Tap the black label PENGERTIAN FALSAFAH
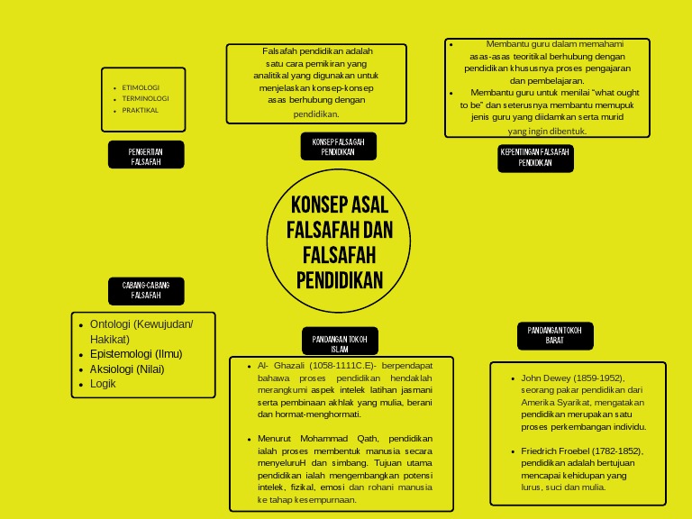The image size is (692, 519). pyautogui.click(x=146, y=155)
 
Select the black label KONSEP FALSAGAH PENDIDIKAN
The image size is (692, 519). pyautogui.click(x=338, y=147)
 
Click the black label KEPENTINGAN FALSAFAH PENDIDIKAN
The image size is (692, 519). pyautogui.click(x=535, y=158)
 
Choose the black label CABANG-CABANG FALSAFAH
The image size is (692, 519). pyautogui.click(x=146, y=290)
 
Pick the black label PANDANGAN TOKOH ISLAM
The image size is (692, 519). pyautogui.click(x=339, y=342)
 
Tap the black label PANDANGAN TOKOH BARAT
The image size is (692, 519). pyautogui.click(x=554, y=335)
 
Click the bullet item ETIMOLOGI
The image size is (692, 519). pyautogui.click(x=141, y=87)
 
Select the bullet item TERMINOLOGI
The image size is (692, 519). pyautogui.click(x=145, y=98)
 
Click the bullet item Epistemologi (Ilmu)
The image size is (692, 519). pyautogui.click(x=136, y=354)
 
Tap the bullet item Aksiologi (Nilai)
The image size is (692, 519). pyautogui.click(x=127, y=369)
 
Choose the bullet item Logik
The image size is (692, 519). pyautogui.click(x=103, y=384)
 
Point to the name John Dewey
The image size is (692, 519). pyautogui.click(x=545, y=378)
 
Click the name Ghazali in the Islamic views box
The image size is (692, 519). pyautogui.click(x=292, y=366)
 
